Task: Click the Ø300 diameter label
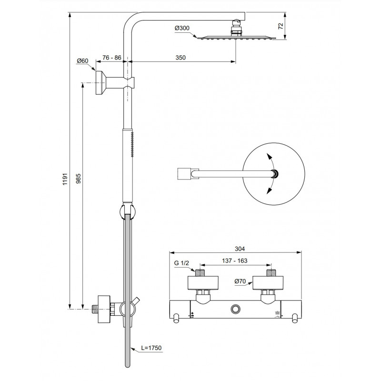[x=182, y=28]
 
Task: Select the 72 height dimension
[x=281, y=26]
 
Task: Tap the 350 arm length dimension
[x=180, y=58]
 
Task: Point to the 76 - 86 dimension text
[x=112, y=58]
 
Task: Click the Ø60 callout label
[x=82, y=61]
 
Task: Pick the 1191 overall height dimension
[x=65, y=180]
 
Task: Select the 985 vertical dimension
[x=78, y=179]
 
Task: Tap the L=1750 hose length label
[x=151, y=348]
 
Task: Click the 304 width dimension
[x=240, y=249]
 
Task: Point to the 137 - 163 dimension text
[x=235, y=261]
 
